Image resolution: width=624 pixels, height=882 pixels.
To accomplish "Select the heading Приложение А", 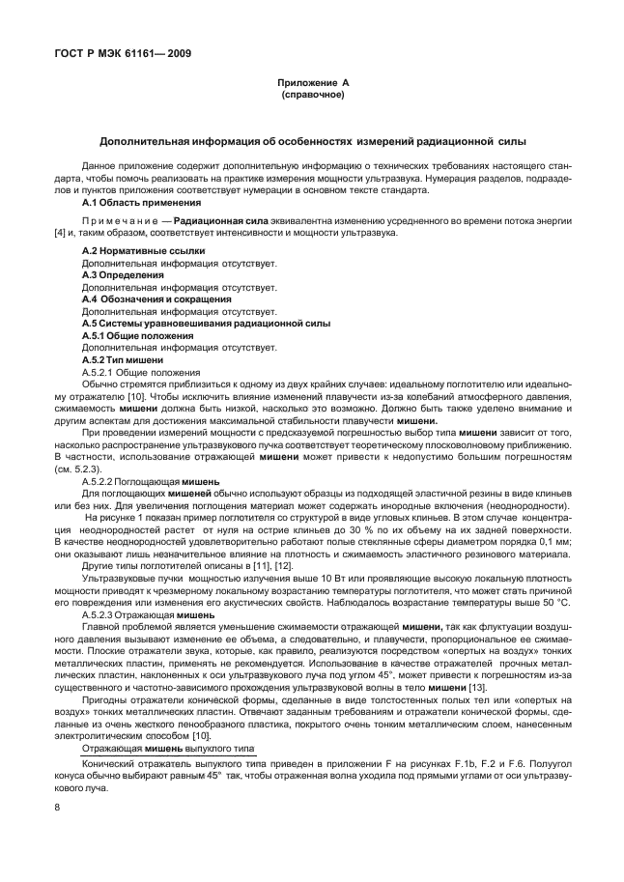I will pos(311,85).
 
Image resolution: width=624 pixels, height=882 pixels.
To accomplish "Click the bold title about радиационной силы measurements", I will pos(311,141).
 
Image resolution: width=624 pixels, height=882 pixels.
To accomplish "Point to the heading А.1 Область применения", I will pos(141,203).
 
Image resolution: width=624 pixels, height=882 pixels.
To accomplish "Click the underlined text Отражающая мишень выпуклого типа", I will pos(159,748).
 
